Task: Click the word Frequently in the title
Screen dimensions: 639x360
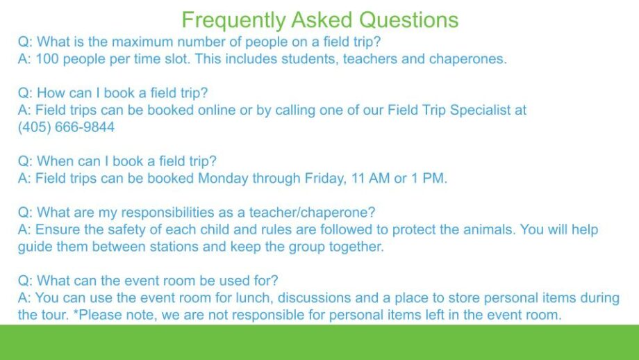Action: (233, 20)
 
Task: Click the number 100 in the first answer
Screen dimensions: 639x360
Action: (47, 59)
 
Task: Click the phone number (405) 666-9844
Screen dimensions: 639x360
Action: (66, 127)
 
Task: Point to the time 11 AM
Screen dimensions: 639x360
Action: (371, 179)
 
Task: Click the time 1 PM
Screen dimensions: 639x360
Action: (429, 179)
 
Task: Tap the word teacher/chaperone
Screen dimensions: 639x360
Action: (312, 213)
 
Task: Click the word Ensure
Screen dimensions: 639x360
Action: (58, 229)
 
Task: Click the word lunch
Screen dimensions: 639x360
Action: (254, 298)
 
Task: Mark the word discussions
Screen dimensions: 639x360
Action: (314, 298)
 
